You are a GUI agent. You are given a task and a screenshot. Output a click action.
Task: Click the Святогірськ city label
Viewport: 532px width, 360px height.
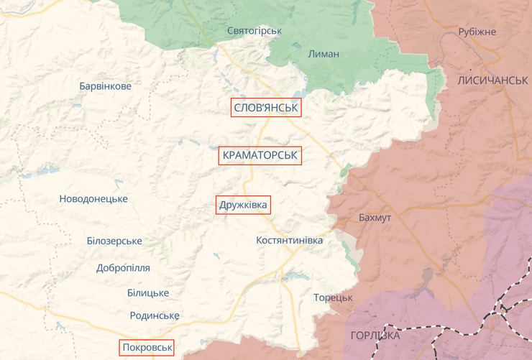254,31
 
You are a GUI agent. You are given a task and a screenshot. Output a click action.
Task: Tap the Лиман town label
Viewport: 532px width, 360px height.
323,55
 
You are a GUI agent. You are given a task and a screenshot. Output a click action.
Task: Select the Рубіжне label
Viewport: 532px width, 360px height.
477,32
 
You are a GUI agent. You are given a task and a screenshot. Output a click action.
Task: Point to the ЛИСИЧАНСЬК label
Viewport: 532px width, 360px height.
492,80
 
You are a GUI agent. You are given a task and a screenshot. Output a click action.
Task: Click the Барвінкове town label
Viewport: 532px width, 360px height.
105,86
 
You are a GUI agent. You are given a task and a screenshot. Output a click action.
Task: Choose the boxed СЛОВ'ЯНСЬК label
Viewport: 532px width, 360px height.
266,108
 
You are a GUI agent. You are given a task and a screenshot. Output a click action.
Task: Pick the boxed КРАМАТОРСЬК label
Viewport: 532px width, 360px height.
260,155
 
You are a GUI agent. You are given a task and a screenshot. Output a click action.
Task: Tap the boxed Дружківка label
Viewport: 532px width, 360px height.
243,206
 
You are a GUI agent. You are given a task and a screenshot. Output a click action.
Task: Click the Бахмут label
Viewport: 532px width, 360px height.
375,218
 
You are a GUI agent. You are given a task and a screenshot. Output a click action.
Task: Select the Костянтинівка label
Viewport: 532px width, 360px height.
290,240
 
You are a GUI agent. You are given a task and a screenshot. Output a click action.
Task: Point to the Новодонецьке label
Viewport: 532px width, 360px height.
93,198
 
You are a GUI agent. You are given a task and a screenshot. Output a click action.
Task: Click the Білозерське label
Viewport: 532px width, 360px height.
114,241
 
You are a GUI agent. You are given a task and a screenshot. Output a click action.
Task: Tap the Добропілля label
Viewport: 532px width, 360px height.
123,268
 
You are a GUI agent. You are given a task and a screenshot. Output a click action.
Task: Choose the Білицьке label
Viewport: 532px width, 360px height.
147,292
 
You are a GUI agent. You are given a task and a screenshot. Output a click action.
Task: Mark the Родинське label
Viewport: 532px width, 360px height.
155,315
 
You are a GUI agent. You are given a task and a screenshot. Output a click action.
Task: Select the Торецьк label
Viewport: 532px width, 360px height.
333,297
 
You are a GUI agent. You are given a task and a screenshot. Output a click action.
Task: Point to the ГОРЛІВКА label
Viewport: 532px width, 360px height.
375,336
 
